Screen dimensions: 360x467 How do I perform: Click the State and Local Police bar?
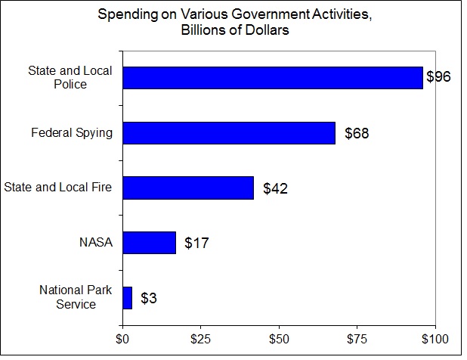coord(272,78)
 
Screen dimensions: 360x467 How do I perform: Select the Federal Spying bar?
coord(228,133)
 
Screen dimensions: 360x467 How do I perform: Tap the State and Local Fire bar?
coord(188,188)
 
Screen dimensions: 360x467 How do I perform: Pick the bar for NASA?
coord(149,243)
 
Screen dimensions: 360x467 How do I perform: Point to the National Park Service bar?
coord(127,298)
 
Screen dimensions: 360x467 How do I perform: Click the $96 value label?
coord(438,78)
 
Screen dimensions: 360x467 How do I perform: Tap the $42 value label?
coord(275,188)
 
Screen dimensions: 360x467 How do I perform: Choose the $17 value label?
coord(196,244)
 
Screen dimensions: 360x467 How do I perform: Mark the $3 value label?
coord(149,299)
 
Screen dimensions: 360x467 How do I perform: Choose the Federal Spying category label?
coord(72,133)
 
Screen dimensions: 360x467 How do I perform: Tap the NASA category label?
coord(95,243)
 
